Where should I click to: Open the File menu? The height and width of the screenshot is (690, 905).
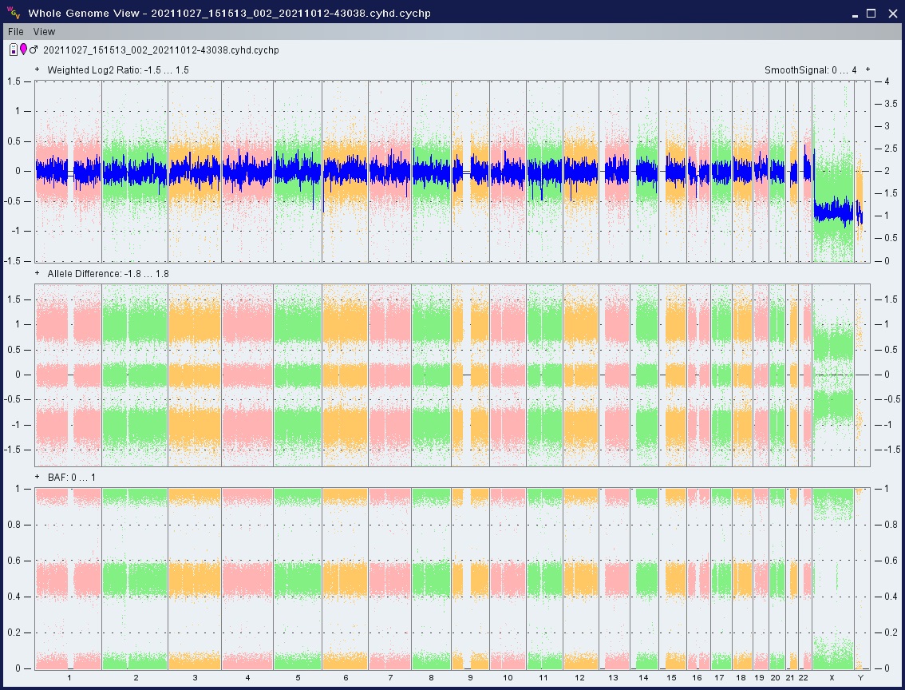pos(16,32)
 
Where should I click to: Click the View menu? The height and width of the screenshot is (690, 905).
pos(44,32)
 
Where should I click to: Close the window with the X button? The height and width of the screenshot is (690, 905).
pos(892,14)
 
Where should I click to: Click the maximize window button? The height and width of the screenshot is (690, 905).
pos(871,14)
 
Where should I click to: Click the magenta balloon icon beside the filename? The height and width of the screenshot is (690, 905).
pos(23,50)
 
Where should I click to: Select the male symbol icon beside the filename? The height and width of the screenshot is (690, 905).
pos(34,50)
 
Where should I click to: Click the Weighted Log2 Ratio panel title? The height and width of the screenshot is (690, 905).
pos(118,69)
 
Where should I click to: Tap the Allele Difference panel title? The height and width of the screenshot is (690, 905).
pos(108,274)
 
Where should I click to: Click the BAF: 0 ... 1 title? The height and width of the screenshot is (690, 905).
pos(72,478)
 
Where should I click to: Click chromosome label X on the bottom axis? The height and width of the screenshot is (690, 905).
pos(832,677)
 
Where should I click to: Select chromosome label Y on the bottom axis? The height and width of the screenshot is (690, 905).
pos(860,677)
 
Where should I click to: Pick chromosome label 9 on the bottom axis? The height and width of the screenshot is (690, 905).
pos(470,677)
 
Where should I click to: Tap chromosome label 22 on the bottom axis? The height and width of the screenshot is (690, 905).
pos(803,677)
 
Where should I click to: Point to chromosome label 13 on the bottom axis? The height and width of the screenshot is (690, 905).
pos(613,677)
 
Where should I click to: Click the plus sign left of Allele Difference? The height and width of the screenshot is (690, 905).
pos(38,273)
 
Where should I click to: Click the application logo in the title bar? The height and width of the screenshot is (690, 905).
pos(14,13)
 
